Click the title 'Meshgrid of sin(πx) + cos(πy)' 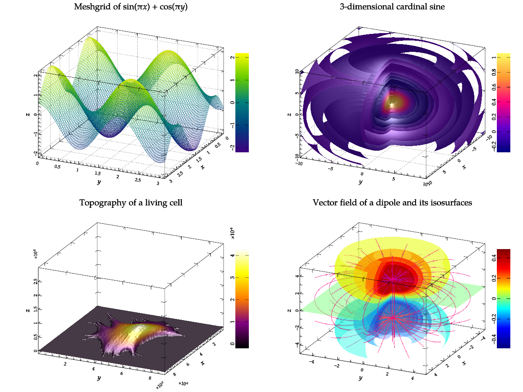(x=131, y=7)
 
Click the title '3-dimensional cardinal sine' (x=392, y=7)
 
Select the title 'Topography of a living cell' (x=131, y=203)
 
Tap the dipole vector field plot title (x=392, y=203)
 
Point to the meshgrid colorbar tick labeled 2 (x=232, y=58)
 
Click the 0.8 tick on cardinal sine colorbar (x=494, y=72)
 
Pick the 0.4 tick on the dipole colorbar (x=494, y=258)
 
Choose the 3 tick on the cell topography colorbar (x=232, y=278)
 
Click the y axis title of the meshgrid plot (x=99, y=182)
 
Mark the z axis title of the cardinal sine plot (x=289, y=114)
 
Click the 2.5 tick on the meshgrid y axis (x=138, y=180)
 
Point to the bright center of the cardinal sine (x=392, y=103)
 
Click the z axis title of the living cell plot (x=28, y=310)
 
